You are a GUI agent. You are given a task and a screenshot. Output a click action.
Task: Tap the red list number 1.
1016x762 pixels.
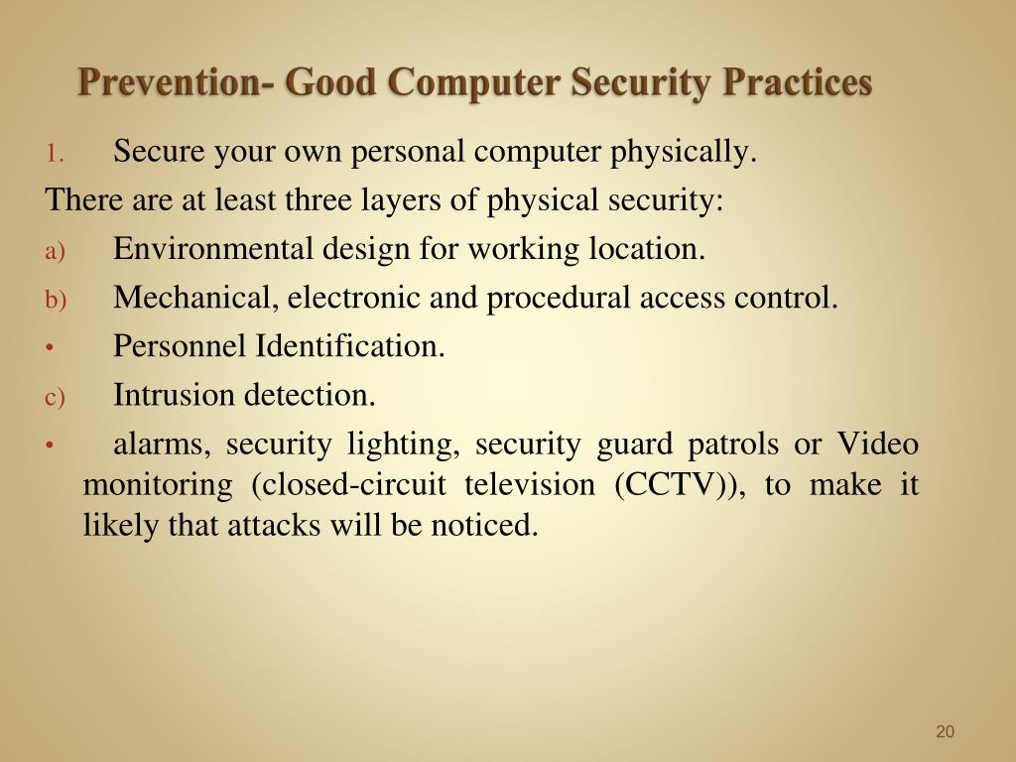pyautogui.click(x=55, y=154)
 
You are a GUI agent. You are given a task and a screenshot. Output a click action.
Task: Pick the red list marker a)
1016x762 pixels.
pyautogui.click(x=56, y=251)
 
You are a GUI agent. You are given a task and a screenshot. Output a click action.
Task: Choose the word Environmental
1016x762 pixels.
pyautogui.click(x=212, y=248)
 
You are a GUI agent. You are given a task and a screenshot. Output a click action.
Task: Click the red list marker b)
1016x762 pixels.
pyautogui.click(x=56, y=300)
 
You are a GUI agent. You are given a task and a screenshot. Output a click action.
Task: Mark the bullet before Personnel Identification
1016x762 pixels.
pyautogui.click(x=50, y=348)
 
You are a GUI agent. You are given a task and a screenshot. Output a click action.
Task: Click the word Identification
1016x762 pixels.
pyautogui.click(x=350, y=345)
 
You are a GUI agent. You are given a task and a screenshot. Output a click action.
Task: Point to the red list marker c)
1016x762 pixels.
pyautogui.click(x=56, y=397)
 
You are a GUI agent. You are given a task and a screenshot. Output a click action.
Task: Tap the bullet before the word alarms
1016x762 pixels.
pyautogui.click(x=50, y=445)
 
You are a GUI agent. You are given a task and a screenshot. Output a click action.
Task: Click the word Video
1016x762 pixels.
pyautogui.click(x=878, y=444)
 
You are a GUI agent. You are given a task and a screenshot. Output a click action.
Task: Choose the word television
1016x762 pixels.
pyautogui.click(x=530, y=484)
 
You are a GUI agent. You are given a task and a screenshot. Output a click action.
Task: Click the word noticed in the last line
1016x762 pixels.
pyautogui.click(x=484, y=525)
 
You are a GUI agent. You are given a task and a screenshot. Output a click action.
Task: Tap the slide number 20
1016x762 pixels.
pyautogui.click(x=945, y=731)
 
